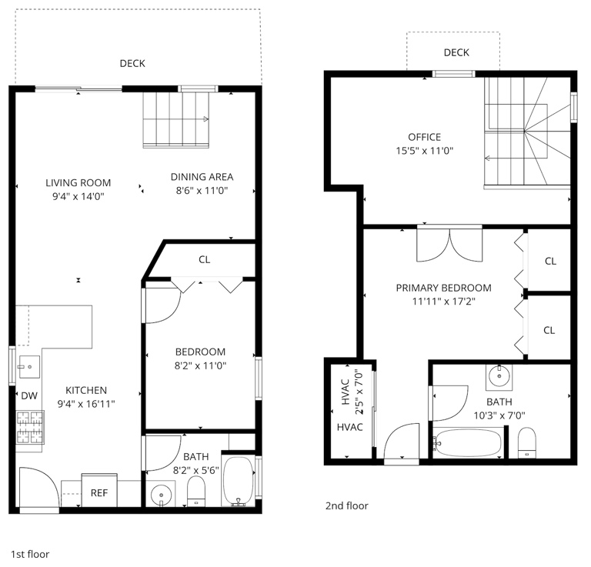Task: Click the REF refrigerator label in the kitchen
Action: tap(99, 493)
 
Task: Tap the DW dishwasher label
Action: tap(29, 395)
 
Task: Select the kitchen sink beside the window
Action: tap(29, 366)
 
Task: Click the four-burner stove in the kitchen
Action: tap(30, 427)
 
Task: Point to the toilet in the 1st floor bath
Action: tap(196, 492)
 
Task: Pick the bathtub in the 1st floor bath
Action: tap(239, 481)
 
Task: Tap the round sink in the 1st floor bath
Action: tap(161, 494)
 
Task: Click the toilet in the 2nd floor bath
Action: tap(527, 442)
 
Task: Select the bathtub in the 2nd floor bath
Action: tap(468, 443)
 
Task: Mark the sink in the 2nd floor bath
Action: tap(499, 376)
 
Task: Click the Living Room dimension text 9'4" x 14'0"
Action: tap(78, 196)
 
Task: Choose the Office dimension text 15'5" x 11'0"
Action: tap(425, 151)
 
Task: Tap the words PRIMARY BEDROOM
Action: tap(443, 288)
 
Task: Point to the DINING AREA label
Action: tap(202, 177)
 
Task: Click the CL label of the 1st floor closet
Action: tap(204, 259)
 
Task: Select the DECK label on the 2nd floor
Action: tap(456, 52)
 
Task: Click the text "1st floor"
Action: tap(30, 554)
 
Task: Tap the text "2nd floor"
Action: tap(347, 505)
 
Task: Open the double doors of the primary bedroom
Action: tap(449, 245)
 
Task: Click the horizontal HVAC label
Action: tap(350, 427)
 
